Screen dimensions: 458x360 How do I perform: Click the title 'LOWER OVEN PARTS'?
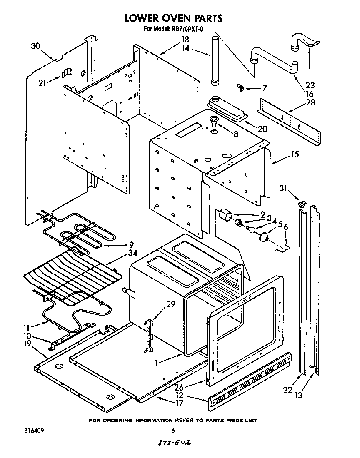(174, 18)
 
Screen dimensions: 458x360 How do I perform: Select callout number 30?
(36, 46)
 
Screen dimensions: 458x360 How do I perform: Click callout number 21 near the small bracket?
(42, 82)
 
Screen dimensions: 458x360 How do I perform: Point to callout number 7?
(264, 88)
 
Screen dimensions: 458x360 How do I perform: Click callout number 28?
(310, 103)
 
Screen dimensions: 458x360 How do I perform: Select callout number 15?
(295, 155)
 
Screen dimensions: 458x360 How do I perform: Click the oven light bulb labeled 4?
(251, 228)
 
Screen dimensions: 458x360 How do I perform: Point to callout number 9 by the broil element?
(131, 244)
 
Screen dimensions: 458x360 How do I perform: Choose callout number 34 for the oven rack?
(132, 253)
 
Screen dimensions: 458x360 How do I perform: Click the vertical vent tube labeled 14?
(215, 60)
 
